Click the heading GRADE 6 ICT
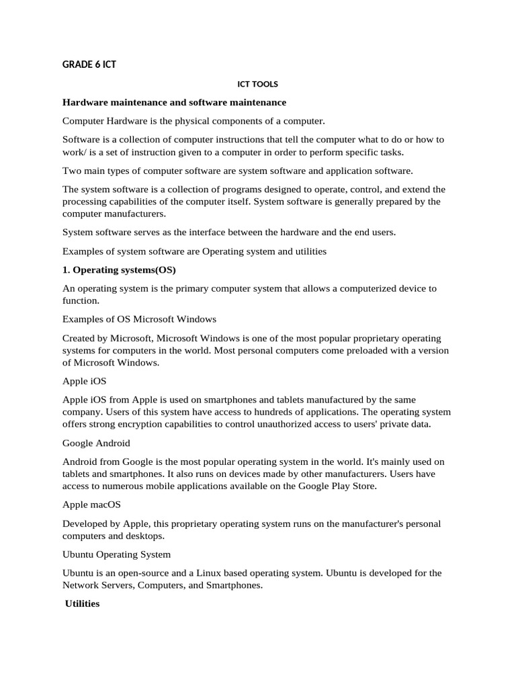coord(90,64)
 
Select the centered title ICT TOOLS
coord(258,85)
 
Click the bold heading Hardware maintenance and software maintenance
coord(174,102)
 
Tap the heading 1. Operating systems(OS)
coord(119,270)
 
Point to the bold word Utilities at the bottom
coord(82,604)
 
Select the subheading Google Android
coord(96,443)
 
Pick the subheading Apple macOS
coord(91,504)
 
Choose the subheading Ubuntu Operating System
coord(116,554)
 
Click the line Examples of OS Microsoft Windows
coord(139,318)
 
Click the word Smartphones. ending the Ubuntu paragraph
coord(232,585)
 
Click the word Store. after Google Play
coord(363,486)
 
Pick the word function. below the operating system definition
coord(81,300)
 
